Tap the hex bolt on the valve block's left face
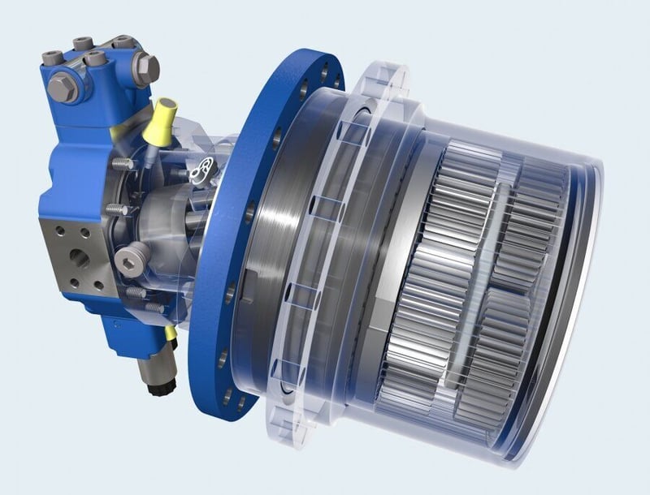pyautogui.click(x=62, y=87)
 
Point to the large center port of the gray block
pyautogui.click(x=80, y=258)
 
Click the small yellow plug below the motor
pyautogui.click(x=170, y=333)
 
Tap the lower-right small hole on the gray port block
pyautogui.click(x=98, y=285)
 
